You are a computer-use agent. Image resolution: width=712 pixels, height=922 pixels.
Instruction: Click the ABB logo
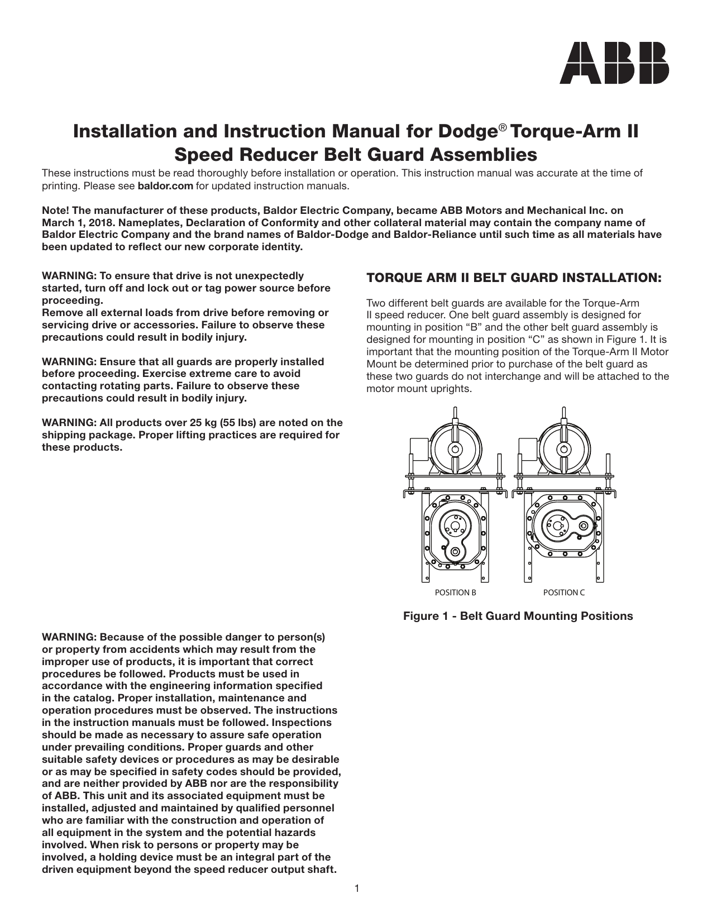coord(614,63)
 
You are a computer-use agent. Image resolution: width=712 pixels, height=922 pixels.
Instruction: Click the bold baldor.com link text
coord(165,186)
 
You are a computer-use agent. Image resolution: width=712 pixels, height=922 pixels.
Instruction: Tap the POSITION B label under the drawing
coord(455,593)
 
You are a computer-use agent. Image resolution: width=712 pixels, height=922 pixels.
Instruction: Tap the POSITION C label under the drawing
coord(563,593)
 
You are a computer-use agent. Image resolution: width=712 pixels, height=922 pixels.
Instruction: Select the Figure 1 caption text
coord(518,616)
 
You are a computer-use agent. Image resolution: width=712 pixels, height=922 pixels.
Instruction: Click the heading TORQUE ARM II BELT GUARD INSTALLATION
coord(513,278)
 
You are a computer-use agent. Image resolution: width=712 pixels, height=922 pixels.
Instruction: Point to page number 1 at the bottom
coord(356,888)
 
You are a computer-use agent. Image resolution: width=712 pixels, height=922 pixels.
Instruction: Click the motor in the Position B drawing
coord(455,450)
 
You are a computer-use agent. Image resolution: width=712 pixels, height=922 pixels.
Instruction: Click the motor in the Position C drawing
coord(564,450)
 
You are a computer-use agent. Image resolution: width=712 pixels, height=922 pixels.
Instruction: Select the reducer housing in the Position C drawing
coord(564,528)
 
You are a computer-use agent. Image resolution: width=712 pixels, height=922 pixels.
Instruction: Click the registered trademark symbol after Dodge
coord(502,129)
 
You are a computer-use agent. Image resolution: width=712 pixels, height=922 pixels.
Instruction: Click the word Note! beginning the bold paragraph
coord(55,211)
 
